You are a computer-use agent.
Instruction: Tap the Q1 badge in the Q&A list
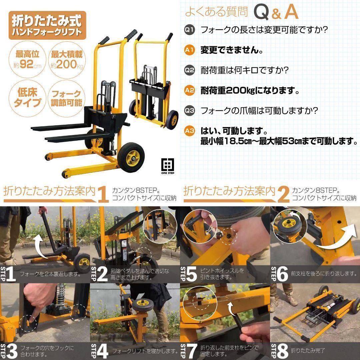tap(189, 30)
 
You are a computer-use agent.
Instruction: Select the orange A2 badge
tap(189, 90)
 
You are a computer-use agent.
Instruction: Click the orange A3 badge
tap(189, 131)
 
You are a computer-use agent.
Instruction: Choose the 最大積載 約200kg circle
tap(66, 59)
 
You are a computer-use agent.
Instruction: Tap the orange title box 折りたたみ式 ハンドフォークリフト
tap(47, 25)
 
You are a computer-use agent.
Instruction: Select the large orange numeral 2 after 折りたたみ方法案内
tap(283, 194)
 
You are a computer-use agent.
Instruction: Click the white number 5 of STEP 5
tap(192, 274)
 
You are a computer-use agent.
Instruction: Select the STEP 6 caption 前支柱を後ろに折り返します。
tap(323, 274)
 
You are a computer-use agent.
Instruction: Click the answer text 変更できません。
tap(231, 50)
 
